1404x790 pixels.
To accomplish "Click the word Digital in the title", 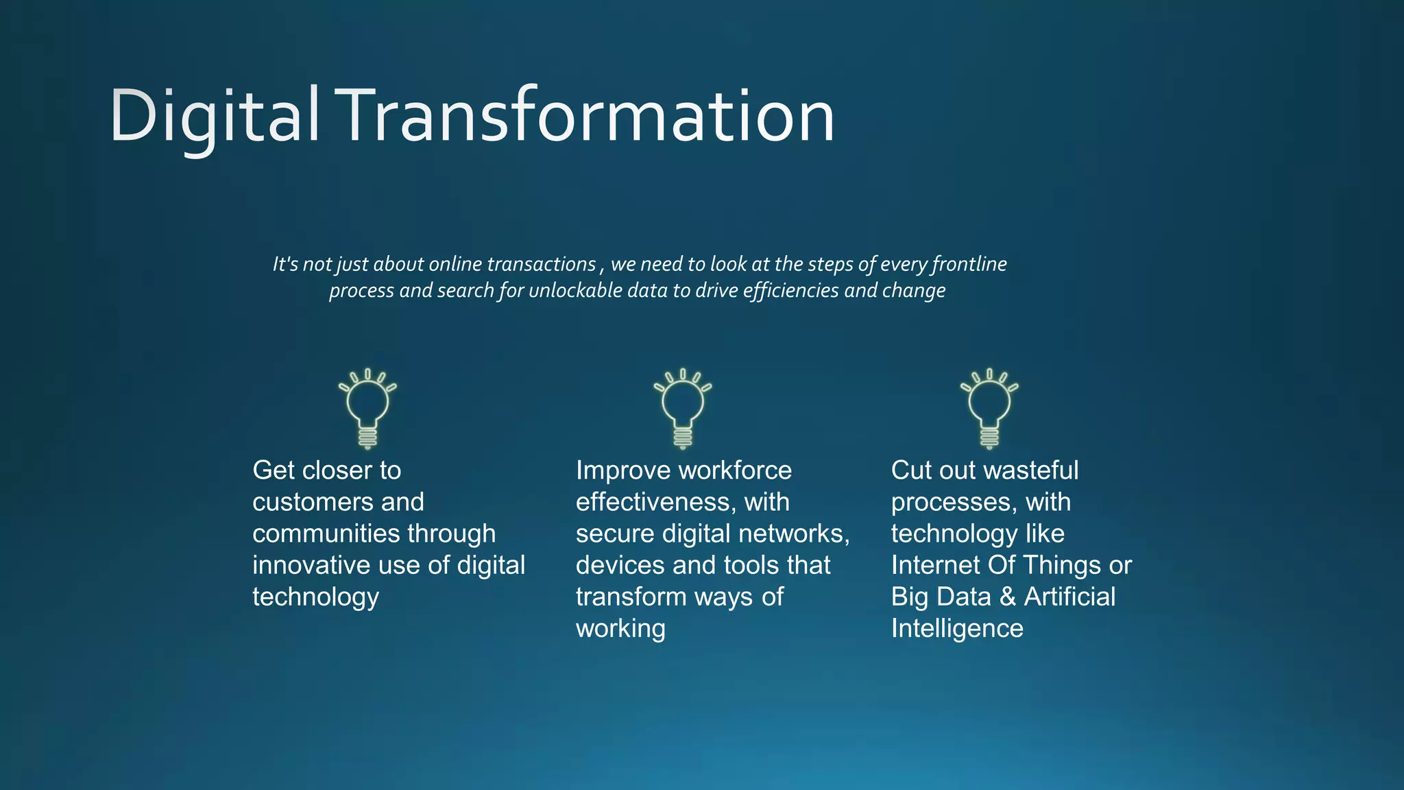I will click(214, 117).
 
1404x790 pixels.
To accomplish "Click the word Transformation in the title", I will click(588, 117).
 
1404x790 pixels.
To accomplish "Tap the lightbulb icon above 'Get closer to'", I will click(367, 409).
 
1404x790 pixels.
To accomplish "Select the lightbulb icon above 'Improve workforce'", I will click(682, 409).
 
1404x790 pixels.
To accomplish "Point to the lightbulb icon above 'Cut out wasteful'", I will click(989, 409).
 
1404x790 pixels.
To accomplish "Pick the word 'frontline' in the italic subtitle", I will click(969, 265).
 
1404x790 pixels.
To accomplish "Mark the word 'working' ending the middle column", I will click(620, 629).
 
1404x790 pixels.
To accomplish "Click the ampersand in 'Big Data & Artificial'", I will click(1007, 597).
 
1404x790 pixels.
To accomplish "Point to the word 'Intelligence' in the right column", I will click(957, 629).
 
